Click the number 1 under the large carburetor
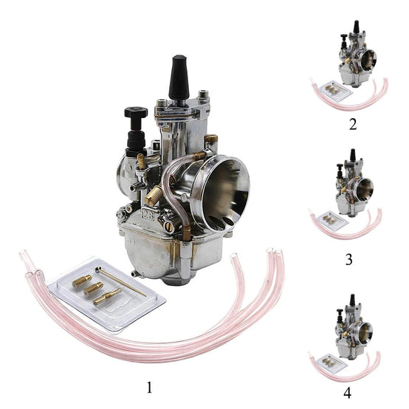[x=149, y=388]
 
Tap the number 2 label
[x=353, y=125]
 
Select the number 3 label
[x=349, y=259]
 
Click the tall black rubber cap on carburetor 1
[x=179, y=77]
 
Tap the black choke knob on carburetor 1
[x=136, y=112]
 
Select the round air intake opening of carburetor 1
[x=221, y=193]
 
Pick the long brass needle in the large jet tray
[x=120, y=281]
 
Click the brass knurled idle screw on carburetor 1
[x=154, y=195]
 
